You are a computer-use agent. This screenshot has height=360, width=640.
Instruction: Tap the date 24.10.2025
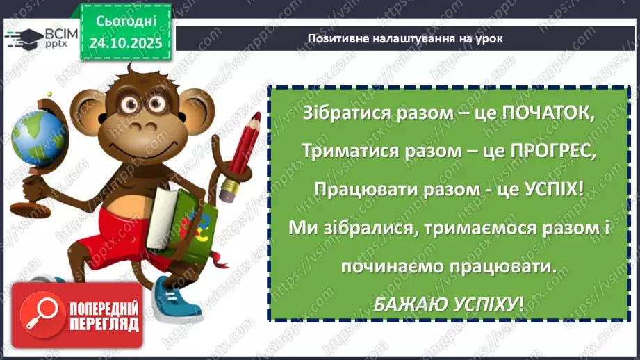pos(125,42)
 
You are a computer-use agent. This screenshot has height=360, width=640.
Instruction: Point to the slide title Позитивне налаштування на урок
pos(405,39)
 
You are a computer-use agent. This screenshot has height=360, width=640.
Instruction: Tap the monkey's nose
pos(145,126)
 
